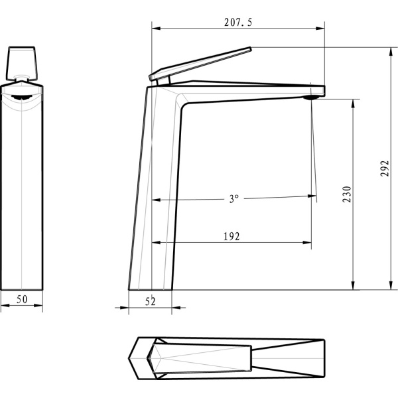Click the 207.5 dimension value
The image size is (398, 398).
[x=237, y=22]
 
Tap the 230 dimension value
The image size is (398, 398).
[x=347, y=194]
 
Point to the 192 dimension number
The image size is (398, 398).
[x=232, y=236]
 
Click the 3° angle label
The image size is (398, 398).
[x=233, y=198]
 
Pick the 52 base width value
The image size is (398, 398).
[x=150, y=301]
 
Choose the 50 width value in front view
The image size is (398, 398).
[x=21, y=300]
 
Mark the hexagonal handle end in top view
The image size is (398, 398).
[x=143, y=358]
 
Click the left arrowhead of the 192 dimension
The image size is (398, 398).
[x=155, y=242]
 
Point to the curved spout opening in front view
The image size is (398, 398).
[x=21, y=96]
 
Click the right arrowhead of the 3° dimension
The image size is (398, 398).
[x=312, y=196]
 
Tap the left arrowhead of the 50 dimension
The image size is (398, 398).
[x=3, y=306]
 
